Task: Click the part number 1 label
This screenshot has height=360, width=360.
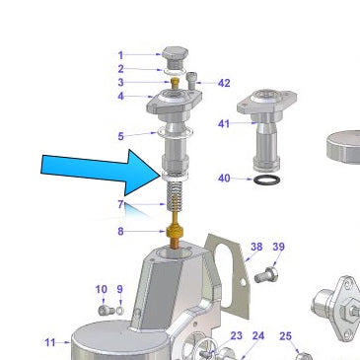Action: click(x=120, y=55)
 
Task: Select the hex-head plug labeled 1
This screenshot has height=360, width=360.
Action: click(x=176, y=57)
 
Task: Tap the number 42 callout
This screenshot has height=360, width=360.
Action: click(x=224, y=83)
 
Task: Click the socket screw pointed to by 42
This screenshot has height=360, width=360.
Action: click(x=192, y=81)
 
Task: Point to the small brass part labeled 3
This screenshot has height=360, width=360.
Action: click(x=176, y=82)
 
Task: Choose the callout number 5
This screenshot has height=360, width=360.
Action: click(x=120, y=136)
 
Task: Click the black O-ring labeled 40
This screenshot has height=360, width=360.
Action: click(x=267, y=180)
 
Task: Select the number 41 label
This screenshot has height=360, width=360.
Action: click(x=224, y=124)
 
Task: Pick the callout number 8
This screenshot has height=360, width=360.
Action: click(x=120, y=232)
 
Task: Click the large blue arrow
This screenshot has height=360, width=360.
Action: click(x=102, y=172)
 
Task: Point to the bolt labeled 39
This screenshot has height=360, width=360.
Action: click(x=266, y=275)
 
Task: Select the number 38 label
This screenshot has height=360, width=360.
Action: click(x=256, y=247)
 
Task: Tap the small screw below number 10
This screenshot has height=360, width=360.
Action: click(x=107, y=310)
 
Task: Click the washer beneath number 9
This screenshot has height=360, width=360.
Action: click(x=120, y=310)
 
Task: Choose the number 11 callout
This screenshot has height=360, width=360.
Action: click(x=50, y=342)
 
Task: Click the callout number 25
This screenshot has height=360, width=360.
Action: click(x=285, y=336)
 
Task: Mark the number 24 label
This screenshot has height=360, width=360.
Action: click(x=258, y=336)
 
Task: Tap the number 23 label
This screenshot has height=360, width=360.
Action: click(x=236, y=335)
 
